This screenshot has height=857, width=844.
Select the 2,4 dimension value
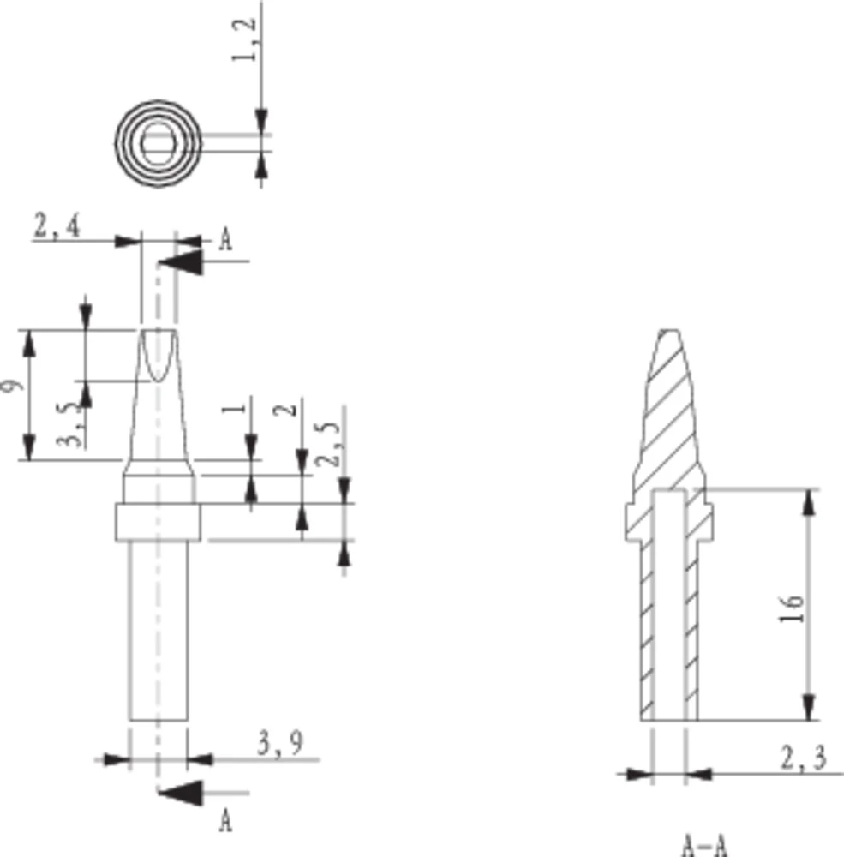click(57, 227)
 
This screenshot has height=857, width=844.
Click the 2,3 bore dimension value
click(802, 759)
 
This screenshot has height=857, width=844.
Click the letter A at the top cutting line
click(225, 239)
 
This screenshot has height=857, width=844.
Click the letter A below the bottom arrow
click(225, 821)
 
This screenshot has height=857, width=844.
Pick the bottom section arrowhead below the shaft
click(182, 793)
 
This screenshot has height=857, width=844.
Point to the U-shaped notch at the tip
click(158, 356)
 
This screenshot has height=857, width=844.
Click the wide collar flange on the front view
click(158, 523)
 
